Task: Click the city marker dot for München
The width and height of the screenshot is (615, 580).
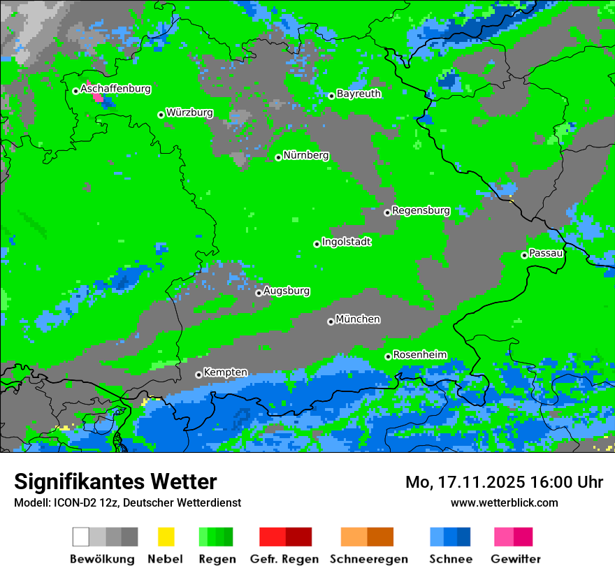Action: click(x=331, y=321)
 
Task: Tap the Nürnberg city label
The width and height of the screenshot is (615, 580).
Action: click(x=306, y=155)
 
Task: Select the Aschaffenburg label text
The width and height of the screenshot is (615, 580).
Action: click(x=115, y=89)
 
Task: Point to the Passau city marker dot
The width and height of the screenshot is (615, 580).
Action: click(x=524, y=255)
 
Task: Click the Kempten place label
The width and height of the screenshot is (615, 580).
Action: click(x=225, y=372)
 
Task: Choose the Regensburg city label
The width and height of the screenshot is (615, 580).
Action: click(x=421, y=210)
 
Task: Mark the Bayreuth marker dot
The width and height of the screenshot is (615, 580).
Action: click(x=331, y=96)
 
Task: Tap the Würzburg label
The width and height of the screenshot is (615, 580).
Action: click(x=189, y=113)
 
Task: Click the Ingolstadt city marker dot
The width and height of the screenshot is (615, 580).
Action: click(x=317, y=244)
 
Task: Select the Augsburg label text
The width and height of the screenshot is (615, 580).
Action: click(x=287, y=291)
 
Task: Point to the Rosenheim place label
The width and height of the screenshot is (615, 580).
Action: click(x=419, y=354)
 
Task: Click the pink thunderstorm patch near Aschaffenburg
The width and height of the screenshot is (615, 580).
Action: click(x=98, y=97)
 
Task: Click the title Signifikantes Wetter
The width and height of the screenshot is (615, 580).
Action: click(x=115, y=481)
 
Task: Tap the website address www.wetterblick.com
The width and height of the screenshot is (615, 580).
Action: click(x=504, y=502)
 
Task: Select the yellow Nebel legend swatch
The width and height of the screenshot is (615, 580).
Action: click(x=166, y=537)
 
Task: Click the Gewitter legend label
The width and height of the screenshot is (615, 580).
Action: click(x=516, y=559)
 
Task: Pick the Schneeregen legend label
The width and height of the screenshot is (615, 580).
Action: click(x=368, y=559)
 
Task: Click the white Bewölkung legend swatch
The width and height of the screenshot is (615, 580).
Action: click(x=80, y=537)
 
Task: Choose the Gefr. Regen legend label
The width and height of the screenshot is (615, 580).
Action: click(x=284, y=559)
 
